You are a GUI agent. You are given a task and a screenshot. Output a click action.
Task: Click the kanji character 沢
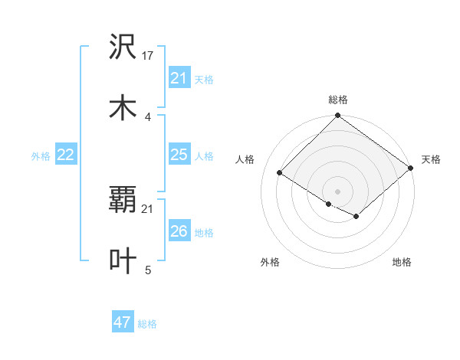[123, 47]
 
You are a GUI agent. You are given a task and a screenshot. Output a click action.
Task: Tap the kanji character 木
[123, 107]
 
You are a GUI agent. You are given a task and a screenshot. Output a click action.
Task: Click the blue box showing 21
[179, 78]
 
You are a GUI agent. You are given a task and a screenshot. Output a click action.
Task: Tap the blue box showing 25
[179, 155]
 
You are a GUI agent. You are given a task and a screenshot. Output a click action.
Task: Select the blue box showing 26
[179, 231]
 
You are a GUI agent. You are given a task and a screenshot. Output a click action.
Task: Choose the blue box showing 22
[65, 155]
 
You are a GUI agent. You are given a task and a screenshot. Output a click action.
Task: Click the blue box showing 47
[122, 322]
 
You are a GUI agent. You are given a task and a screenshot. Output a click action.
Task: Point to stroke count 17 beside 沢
[149, 56]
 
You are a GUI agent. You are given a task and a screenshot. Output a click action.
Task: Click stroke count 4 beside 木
[147, 116]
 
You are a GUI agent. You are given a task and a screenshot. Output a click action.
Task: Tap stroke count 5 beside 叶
[147, 270]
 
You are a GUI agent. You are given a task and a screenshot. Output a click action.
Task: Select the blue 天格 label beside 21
[204, 79]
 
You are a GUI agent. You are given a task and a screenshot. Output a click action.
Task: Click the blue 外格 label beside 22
[41, 156]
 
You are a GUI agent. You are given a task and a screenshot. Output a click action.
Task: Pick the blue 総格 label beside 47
[147, 324]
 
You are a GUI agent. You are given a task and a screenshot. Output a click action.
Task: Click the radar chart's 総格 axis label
[337, 100]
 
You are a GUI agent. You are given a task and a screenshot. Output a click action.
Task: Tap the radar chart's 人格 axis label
[245, 159]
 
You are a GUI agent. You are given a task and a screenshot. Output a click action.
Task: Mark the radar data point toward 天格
[411, 169]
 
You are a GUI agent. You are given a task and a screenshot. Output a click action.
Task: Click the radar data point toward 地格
[356, 217]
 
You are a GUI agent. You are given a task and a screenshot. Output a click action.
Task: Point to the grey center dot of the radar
[337, 191]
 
